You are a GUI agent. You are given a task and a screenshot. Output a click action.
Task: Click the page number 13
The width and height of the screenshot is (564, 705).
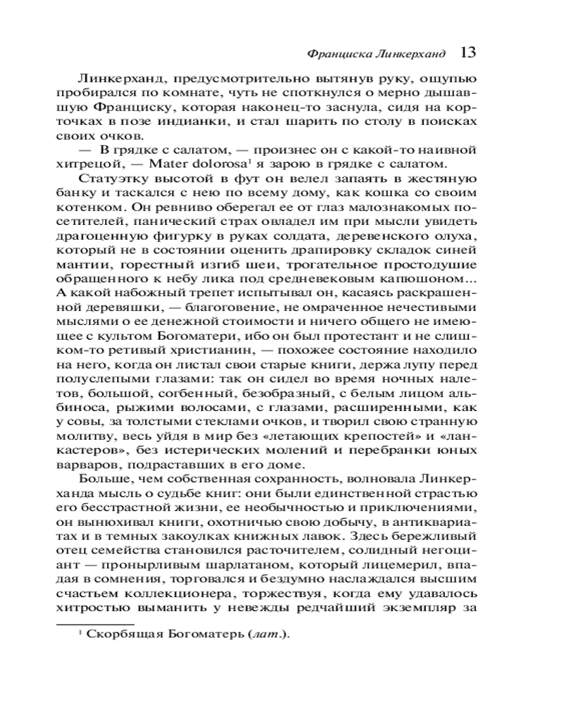[469, 53]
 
